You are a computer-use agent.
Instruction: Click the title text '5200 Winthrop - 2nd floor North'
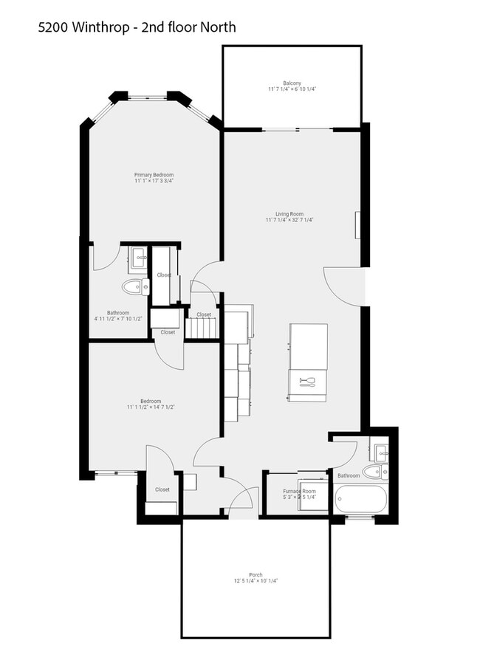click(137, 28)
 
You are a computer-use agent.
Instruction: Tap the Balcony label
click(292, 83)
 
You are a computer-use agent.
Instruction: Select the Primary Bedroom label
click(154, 174)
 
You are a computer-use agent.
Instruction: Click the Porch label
click(256, 574)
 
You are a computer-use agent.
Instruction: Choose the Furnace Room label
click(299, 491)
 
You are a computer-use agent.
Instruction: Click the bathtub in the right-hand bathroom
click(360, 500)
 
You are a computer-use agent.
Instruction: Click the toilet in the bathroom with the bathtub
click(374, 472)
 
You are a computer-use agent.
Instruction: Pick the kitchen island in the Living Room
click(308, 362)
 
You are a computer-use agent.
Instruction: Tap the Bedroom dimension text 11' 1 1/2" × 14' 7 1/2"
click(151, 407)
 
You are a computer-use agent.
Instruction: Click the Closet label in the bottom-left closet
click(162, 489)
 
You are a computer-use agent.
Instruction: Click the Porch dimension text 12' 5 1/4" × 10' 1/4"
click(256, 581)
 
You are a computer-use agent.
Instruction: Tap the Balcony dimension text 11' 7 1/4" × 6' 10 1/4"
click(292, 89)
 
